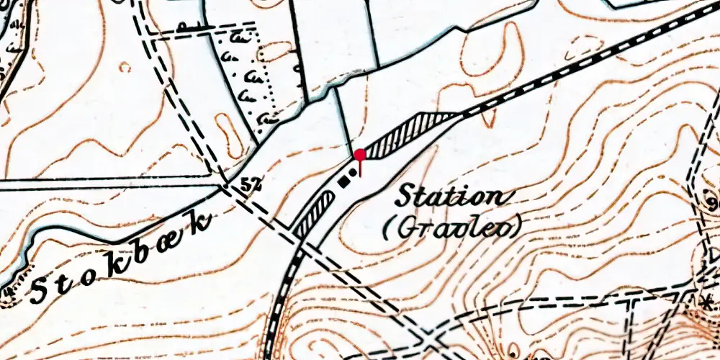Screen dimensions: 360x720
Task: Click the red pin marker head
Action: (x=359, y=154)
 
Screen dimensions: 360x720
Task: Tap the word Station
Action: (x=451, y=196)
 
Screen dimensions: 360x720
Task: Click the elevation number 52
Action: (x=250, y=185)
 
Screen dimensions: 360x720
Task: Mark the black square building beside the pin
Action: (x=343, y=181)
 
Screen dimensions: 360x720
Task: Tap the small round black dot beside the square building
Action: (x=352, y=173)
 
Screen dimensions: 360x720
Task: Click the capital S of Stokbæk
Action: (x=40, y=291)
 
